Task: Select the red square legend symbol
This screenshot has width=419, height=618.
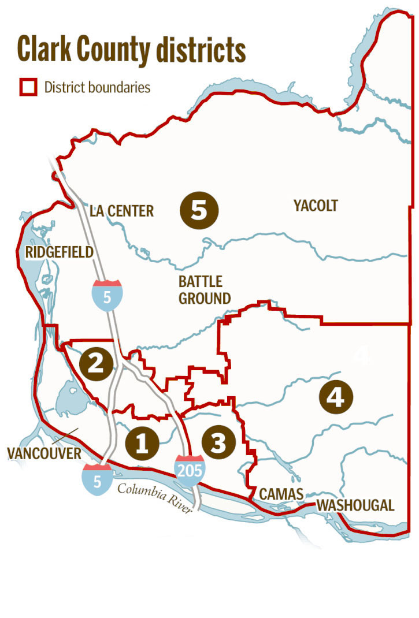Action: tap(28, 88)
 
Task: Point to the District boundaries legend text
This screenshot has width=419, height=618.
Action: tap(97, 88)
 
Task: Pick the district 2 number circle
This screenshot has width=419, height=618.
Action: tap(96, 363)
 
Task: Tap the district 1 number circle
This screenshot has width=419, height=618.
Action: tap(142, 443)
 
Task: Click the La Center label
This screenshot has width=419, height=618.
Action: tap(121, 211)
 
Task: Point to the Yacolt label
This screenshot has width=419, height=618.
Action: tap(315, 206)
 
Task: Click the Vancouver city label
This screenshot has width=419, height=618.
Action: tap(45, 453)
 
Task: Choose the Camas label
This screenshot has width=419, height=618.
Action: tap(281, 494)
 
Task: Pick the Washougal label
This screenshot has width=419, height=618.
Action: tap(355, 505)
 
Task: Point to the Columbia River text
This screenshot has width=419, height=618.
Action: tap(154, 497)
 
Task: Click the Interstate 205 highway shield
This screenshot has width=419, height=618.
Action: tap(190, 468)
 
